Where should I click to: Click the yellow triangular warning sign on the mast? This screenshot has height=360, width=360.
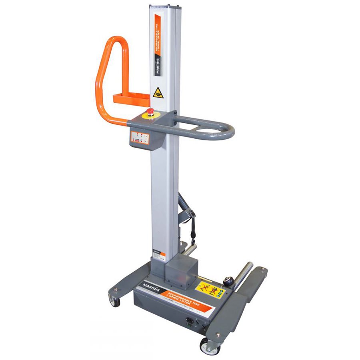pyautogui.click(x=158, y=93)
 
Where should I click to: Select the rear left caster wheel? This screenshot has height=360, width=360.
pyautogui.click(x=114, y=301)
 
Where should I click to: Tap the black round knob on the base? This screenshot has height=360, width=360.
pyautogui.click(x=228, y=281)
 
